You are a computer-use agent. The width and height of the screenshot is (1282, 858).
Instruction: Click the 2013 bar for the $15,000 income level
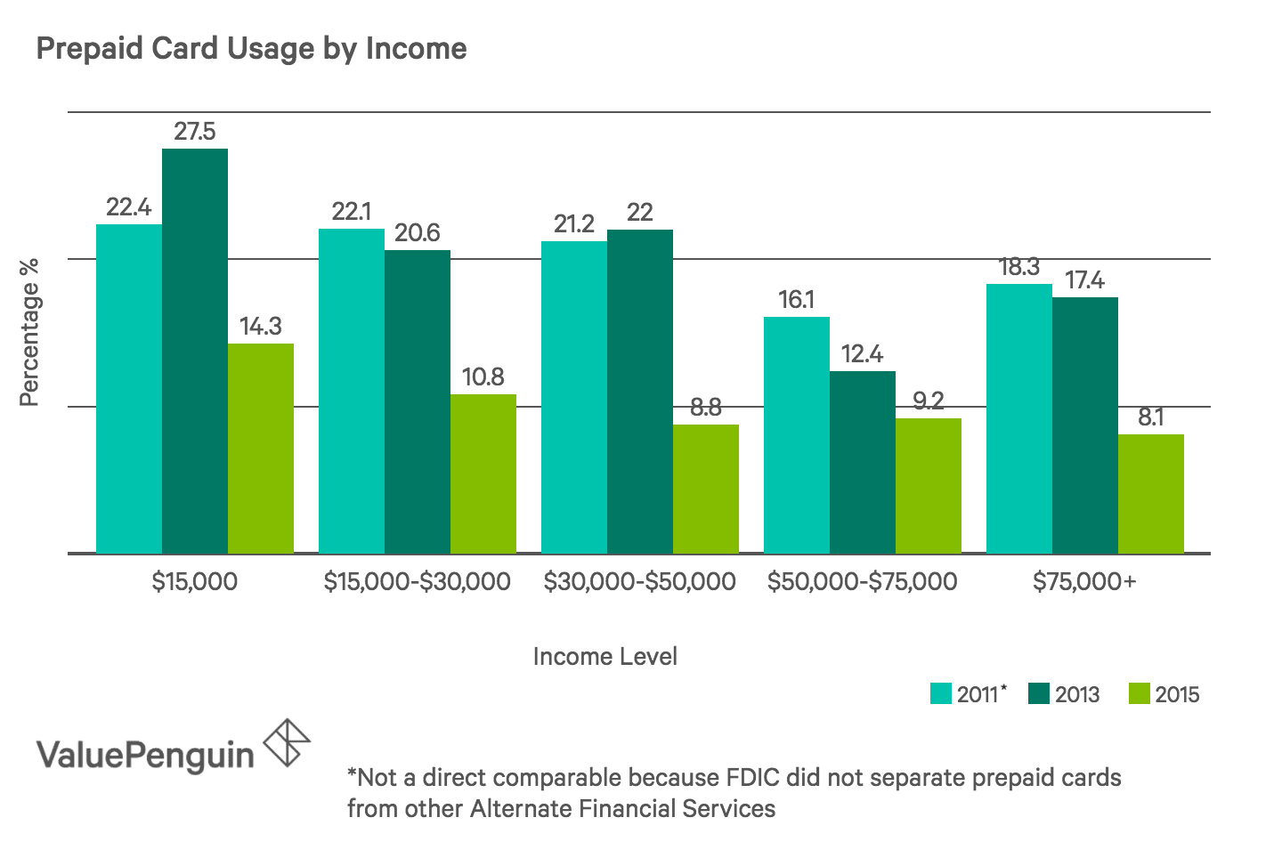[x=194, y=352]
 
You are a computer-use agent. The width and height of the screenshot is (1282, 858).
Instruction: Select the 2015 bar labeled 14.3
[x=261, y=449]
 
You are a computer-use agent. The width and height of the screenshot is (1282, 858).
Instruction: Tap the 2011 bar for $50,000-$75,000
[x=797, y=435]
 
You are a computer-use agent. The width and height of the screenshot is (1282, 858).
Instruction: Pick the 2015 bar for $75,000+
[x=1151, y=494]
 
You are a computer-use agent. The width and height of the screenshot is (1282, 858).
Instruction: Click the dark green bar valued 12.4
[x=863, y=462]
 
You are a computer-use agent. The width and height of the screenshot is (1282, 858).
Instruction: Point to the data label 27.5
[x=194, y=133]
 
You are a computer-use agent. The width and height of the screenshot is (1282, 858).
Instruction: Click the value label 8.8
[x=706, y=408]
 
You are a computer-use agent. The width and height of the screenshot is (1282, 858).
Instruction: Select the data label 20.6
[x=418, y=233]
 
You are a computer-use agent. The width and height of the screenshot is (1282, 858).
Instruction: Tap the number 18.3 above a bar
[x=1019, y=267]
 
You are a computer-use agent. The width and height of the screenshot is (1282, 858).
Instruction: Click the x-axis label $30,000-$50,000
[x=639, y=582]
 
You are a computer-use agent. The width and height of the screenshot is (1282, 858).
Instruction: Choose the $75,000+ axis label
[x=1084, y=582]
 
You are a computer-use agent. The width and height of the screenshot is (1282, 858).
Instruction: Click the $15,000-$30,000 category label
[x=417, y=582]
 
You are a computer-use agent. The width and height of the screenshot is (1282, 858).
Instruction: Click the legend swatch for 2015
[x=1140, y=694]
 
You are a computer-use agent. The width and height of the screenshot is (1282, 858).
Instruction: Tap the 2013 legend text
[x=1077, y=694]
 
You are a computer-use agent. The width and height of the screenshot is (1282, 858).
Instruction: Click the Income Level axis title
[x=604, y=657]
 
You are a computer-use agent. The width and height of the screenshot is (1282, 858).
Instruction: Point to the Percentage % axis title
[x=29, y=332]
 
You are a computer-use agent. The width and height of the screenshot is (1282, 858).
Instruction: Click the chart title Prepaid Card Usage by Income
[x=251, y=48]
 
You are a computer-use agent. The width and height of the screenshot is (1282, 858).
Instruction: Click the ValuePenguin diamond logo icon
[x=287, y=742]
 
